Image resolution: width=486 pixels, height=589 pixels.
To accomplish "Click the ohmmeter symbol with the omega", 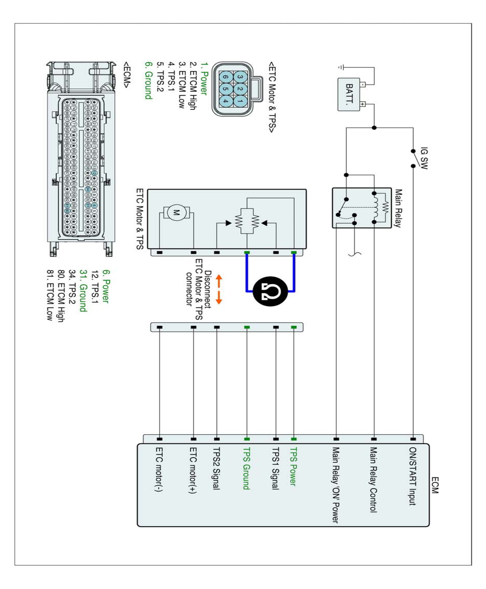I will pyautogui.click(x=270, y=291).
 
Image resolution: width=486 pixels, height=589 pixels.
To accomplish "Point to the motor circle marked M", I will pyautogui.click(x=176, y=212).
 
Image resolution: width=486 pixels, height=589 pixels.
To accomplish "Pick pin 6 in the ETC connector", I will pyautogui.click(x=226, y=77).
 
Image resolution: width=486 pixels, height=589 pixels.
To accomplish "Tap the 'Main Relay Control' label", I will pyautogui.click(x=374, y=480).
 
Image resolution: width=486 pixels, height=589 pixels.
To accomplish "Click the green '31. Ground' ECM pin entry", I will pyautogui.click(x=83, y=291).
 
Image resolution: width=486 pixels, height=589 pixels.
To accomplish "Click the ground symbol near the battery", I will pyautogui.click(x=341, y=67).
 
